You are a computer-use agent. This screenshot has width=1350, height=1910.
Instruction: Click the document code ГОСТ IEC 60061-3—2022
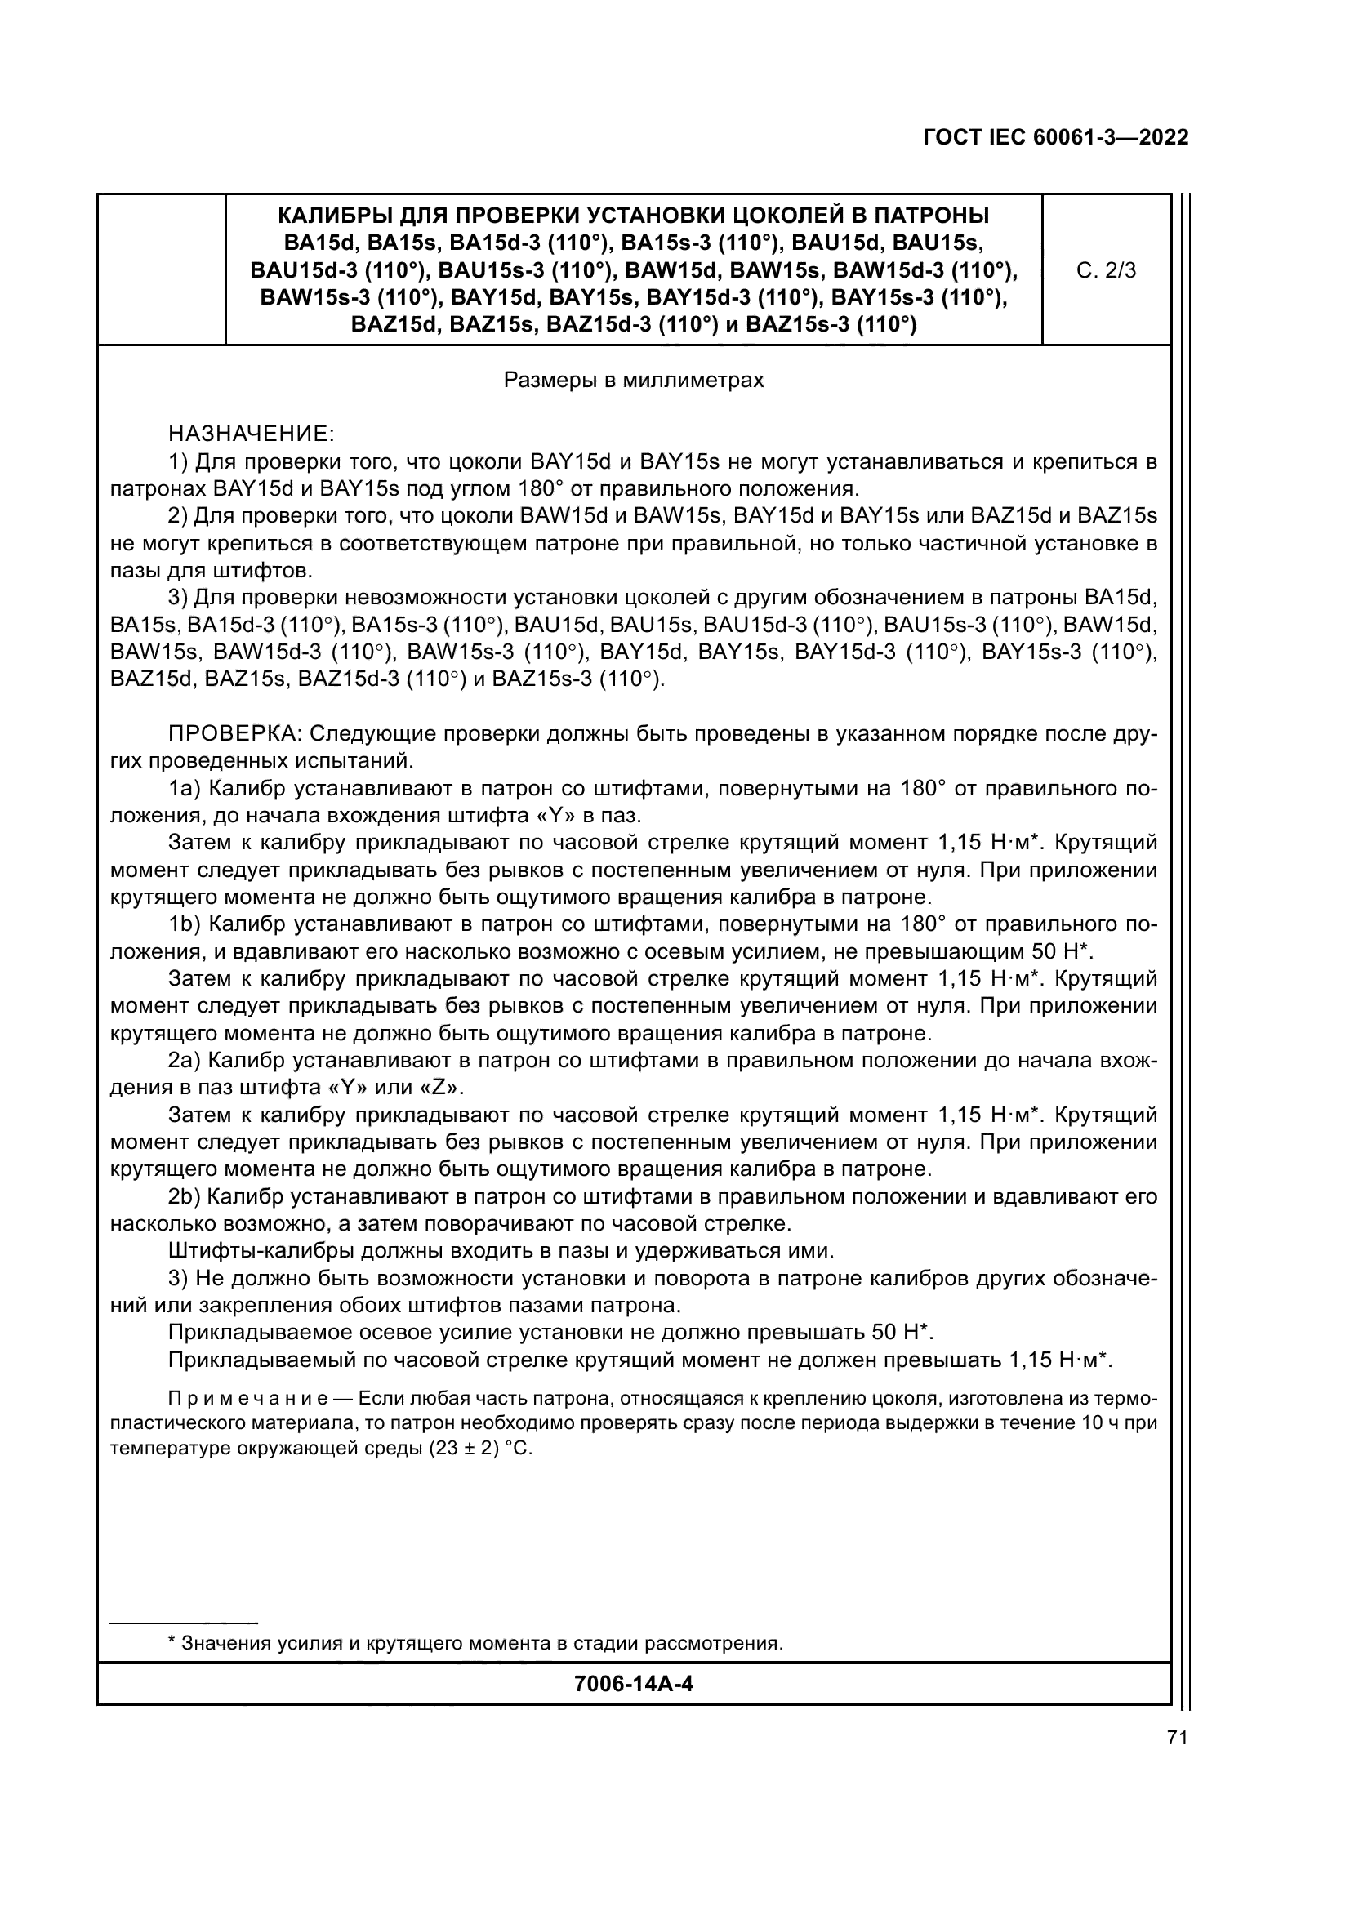tap(1055, 138)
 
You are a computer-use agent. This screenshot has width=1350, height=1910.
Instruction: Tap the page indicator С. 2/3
tap(1106, 270)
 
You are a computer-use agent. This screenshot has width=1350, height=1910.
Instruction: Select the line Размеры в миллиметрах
tap(634, 381)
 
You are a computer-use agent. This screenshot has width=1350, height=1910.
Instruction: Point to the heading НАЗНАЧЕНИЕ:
tap(252, 434)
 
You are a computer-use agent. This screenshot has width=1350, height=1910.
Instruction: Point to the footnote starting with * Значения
tap(475, 1643)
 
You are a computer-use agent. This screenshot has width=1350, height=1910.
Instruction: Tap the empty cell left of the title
tap(162, 269)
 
